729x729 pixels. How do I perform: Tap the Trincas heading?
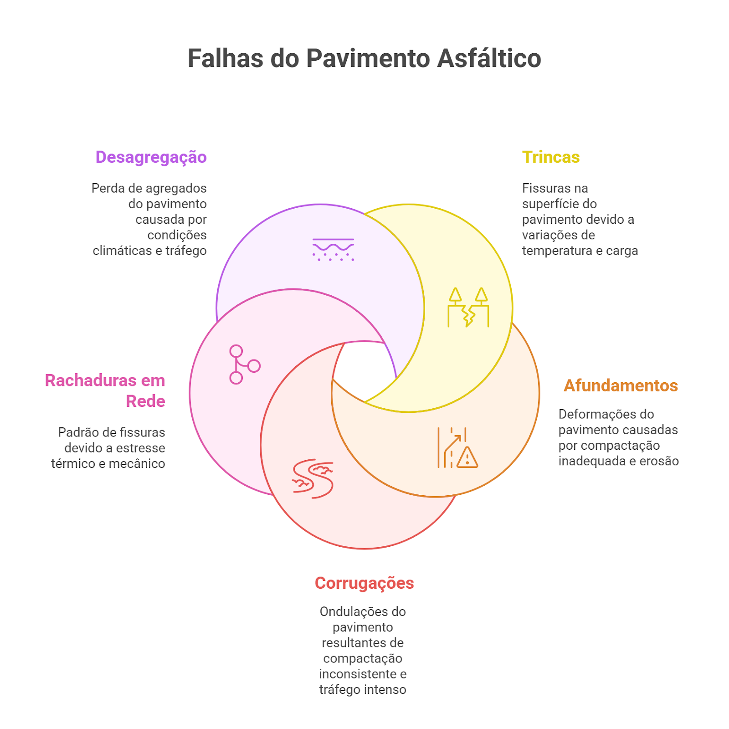(551, 157)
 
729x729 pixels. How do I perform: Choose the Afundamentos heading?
(621, 385)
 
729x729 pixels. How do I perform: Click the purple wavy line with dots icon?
(333, 250)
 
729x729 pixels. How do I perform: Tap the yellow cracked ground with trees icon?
(468, 308)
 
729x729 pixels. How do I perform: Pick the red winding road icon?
(313, 479)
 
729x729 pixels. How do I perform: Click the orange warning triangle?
(467, 457)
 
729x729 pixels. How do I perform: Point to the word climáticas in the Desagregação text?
(122, 251)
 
